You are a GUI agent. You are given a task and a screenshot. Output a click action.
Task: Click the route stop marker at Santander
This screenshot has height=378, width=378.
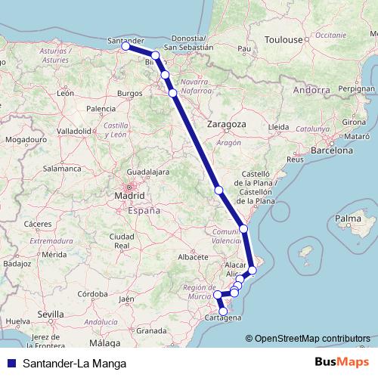(x=125, y=46)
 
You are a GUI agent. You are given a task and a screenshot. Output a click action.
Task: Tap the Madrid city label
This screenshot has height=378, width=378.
(x=129, y=197)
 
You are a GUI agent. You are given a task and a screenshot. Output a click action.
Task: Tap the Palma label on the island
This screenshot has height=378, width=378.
(x=346, y=219)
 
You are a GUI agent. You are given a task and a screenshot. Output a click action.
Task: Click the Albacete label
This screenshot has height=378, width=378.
(x=192, y=257)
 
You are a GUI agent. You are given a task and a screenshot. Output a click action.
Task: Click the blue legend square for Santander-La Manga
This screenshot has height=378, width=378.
(x=10, y=362)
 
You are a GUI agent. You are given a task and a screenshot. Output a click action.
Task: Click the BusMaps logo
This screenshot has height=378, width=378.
(x=342, y=362)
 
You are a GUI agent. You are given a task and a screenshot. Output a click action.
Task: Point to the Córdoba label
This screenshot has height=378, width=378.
(x=95, y=293)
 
